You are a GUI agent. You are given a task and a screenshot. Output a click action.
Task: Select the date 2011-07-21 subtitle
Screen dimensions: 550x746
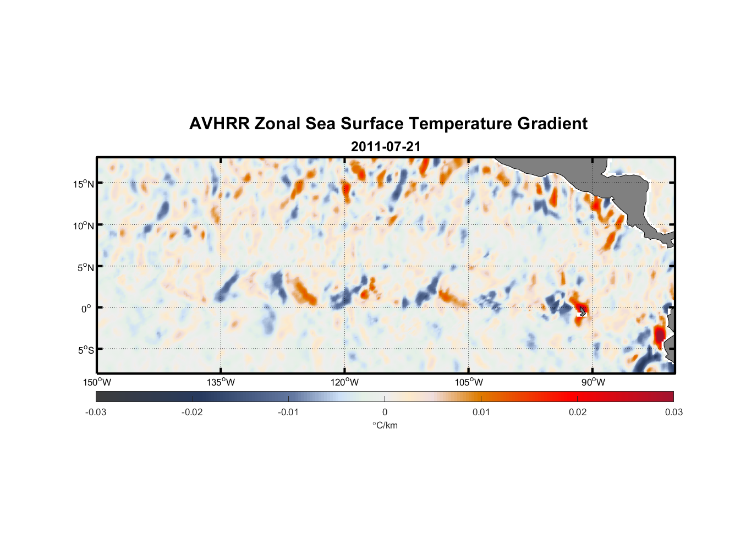[x=386, y=147]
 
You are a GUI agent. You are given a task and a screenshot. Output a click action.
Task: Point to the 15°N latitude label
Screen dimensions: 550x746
[x=84, y=184]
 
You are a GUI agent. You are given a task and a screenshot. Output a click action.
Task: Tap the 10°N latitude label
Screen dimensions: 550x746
[x=84, y=226]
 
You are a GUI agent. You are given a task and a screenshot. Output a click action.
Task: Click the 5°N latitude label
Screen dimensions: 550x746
[x=86, y=267]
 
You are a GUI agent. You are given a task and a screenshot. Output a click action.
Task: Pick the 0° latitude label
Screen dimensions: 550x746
[x=86, y=309]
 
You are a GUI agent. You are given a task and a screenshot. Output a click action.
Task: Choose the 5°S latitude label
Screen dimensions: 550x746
[x=86, y=350]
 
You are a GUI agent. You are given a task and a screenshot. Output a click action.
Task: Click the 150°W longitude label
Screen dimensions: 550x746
[x=97, y=382]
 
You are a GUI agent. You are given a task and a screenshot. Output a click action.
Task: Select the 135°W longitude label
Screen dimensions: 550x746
[x=221, y=382]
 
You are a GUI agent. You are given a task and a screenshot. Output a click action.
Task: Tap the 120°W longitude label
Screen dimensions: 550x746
[x=345, y=382]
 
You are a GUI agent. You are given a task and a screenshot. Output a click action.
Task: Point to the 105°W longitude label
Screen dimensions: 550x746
[x=469, y=382]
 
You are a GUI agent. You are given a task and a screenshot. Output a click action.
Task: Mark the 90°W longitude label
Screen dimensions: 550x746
[x=593, y=382]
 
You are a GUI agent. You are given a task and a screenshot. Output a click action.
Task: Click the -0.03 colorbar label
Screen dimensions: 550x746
[x=96, y=412]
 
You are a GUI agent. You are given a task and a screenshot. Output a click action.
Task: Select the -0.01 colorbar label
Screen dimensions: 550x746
[x=288, y=412]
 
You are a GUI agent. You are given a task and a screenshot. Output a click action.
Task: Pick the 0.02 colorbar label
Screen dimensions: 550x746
[x=578, y=412]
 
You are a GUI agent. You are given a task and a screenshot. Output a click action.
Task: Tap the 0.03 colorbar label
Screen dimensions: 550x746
[x=673, y=412]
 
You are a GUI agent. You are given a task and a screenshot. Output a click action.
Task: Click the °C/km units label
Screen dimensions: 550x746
[x=385, y=425]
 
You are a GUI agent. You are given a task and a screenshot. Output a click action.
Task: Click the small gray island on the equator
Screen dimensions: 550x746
[x=583, y=312]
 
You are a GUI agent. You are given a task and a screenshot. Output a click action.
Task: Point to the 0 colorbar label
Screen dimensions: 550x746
[x=385, y=412]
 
